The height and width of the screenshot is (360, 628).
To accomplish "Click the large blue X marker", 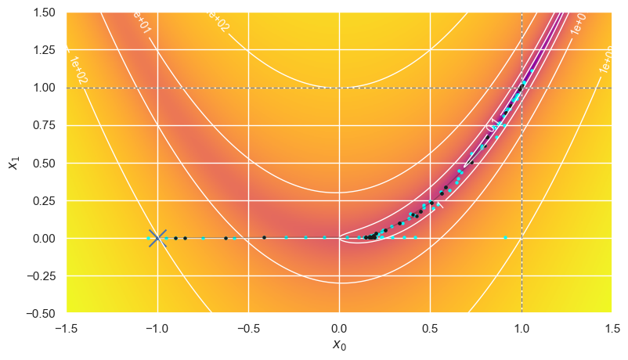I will coord(157,238).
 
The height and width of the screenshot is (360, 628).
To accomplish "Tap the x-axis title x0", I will coord(339,345).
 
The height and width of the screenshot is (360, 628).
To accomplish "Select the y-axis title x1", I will coord(13,163).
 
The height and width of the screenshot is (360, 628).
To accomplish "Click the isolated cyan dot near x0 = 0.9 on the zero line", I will coord(505,237).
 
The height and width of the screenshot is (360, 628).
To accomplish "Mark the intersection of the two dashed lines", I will coord(521,88).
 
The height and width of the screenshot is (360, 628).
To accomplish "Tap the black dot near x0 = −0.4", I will coord(264,237).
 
